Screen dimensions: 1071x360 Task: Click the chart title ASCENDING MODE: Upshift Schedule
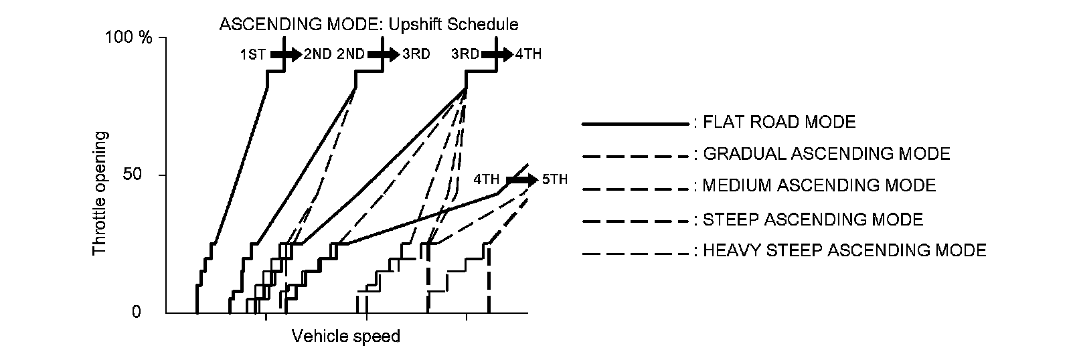pyautogui.click(x=369, y=25)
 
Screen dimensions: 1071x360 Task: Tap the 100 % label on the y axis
pyautogui.click(x=129, y=37)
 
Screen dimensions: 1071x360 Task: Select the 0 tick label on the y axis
pyautogui.click(x=137, y=312)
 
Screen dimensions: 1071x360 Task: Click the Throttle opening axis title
pyautogui.click(x=99, y=193)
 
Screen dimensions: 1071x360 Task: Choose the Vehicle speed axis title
pyautogui.click(x=345, y=336)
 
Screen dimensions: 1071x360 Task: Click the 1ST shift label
pyautogui.click(x=253, y=55)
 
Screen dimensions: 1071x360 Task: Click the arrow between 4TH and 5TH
pyautogui.click(x=522, y=179)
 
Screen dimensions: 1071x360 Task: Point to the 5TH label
pyautogui.click(x=554, y=179)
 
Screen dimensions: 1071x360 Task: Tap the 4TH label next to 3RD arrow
pyautogui.click(x=528, y=54)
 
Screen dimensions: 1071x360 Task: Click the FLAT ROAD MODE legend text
pyautogui.click(x=779, y=122)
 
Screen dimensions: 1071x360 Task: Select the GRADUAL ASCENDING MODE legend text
pyautogui.click(x=826, y=154)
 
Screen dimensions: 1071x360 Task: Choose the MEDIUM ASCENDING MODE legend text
pyautogui.click(x=819, y=185)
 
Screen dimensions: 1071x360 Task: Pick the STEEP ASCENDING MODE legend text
pyautogui.click(x=813, y=219)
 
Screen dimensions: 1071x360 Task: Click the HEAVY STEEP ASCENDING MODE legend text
pyautogui.click(x=844, y=250)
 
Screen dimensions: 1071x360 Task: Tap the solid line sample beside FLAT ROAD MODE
pyautogui.click(x=635, y=124)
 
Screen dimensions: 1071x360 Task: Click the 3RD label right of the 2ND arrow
pyautogui.click(x=416, y=54)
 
